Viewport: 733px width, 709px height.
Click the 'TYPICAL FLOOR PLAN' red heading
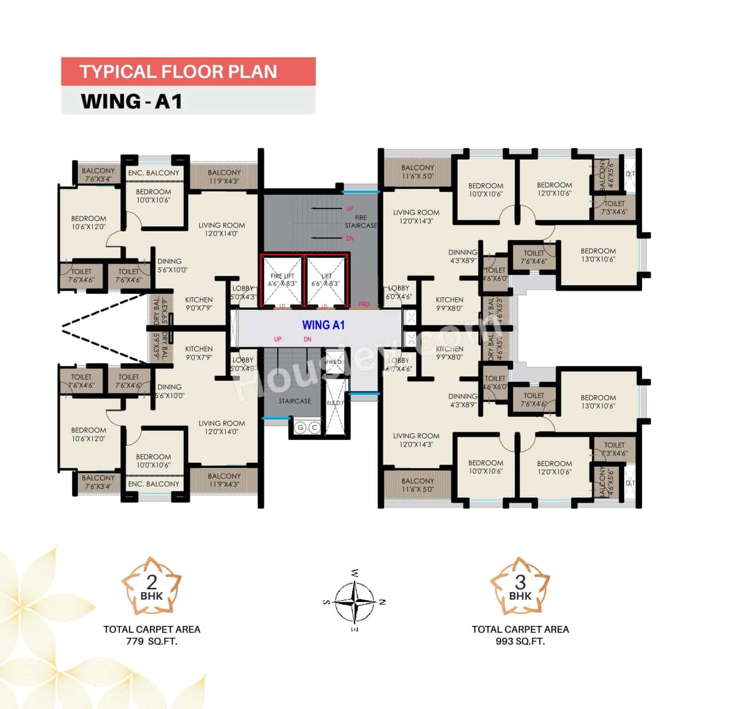178,72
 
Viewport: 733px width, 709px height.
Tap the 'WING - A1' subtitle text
131,101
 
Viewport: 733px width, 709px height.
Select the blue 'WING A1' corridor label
323,325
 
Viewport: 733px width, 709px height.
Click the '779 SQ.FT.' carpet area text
152,641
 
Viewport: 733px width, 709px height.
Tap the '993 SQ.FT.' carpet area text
520,641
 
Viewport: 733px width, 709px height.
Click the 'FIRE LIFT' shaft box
282,281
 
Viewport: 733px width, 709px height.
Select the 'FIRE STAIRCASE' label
361,222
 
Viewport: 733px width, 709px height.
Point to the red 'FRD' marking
364,305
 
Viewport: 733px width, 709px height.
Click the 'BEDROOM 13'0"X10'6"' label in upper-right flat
598,255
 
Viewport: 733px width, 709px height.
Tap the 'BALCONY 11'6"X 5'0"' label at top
417,172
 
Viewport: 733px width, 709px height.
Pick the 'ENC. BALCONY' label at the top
153,173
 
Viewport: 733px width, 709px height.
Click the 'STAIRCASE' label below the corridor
295,401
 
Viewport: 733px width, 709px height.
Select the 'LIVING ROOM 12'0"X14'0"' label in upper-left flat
222,229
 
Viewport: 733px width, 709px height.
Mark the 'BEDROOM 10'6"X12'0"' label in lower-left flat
89,434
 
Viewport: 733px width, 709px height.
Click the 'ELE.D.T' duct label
335,403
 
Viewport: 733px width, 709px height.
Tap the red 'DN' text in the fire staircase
350,238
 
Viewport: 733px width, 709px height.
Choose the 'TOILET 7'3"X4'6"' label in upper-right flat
614,207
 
